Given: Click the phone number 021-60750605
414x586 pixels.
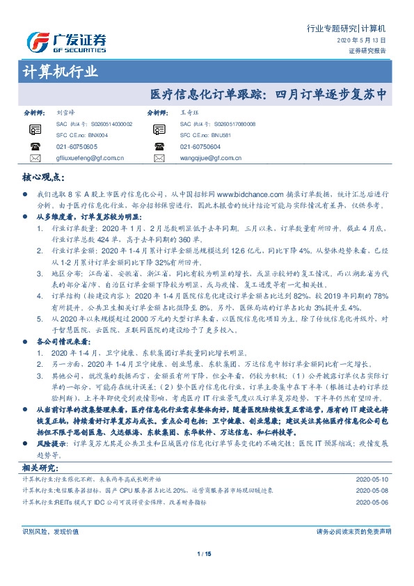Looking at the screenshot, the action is pos(77,147).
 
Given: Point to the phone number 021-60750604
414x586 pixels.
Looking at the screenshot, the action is pos(200,147).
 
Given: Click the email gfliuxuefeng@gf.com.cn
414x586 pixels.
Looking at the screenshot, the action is pos(89,159).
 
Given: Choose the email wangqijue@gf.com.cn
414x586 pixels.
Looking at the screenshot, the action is pos(212,159).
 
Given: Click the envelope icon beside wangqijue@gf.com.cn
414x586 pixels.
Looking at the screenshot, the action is pos(159,159).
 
